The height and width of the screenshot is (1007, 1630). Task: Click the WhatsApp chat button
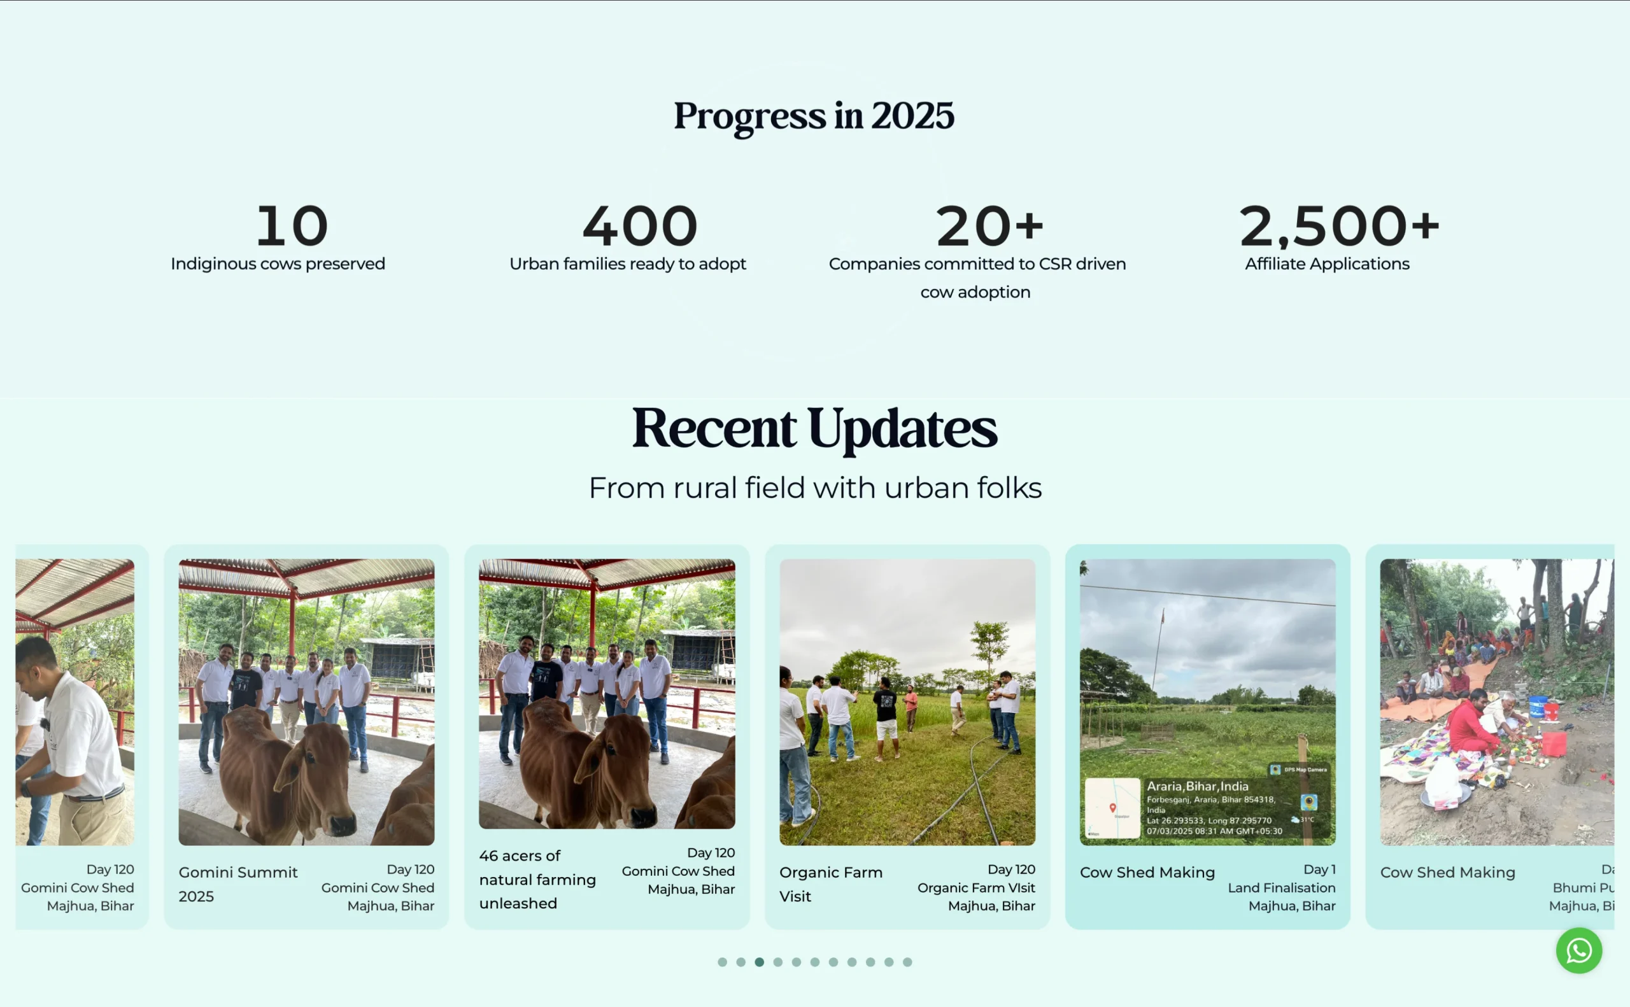(1578, 950)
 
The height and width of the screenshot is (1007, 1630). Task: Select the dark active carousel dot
(759, 962)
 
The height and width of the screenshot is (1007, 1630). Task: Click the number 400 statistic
(639, 226)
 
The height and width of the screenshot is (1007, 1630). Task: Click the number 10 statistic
(292, 226)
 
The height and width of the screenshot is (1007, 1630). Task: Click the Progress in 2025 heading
(813, 115)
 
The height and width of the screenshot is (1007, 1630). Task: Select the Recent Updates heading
(814, 428)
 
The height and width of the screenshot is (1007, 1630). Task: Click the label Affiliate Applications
(1326, 264)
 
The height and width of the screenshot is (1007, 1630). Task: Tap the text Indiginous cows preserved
(278, 264)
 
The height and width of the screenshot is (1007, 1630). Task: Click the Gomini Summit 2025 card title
(237, 884)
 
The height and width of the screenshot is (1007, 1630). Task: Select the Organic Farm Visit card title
(830, 884)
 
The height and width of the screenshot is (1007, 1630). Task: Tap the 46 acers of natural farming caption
(537, 879)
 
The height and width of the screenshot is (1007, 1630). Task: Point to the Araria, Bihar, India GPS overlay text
(1197, 786)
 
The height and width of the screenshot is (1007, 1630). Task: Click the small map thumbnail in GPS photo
(1112, 807)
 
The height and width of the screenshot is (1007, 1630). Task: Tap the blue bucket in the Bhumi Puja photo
(1537, 707)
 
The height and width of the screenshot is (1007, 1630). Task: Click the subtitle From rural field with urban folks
(814, 488)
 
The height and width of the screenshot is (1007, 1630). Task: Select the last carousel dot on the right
(907, 962)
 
